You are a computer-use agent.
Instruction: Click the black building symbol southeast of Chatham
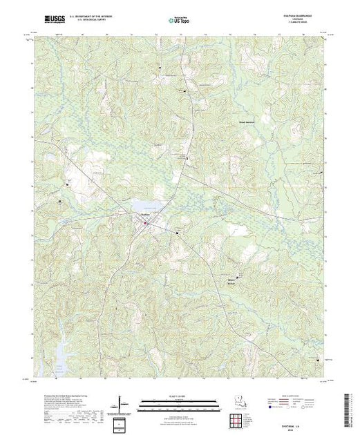(x=182, y=233)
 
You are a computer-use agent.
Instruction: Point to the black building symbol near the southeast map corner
(x=319, y=358)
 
